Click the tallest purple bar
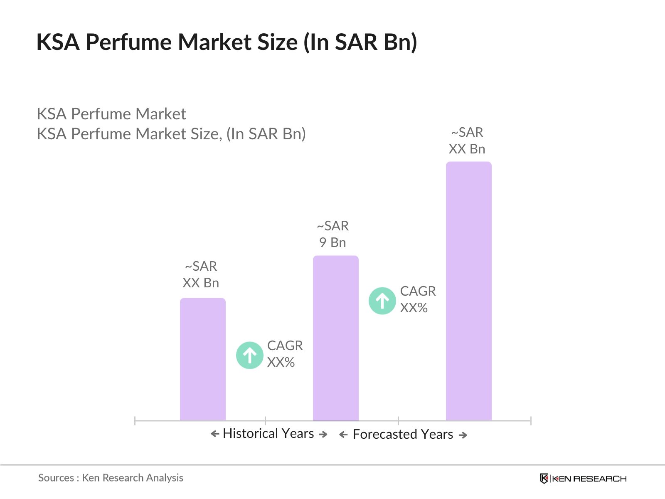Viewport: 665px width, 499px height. pyautogui.click(x=468, y=291)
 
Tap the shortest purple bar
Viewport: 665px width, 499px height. pyautogui.click(x=202, y=359)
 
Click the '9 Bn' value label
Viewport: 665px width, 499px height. pyautogui.click(x=332, y=242)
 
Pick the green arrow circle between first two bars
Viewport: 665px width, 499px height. pyautogui.click(x=249, y=355)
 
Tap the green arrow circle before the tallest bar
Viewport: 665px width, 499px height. pyautogui.click(x=382, y=301)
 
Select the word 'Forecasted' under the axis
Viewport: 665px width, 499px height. pyautogui.click(x=385, y=434)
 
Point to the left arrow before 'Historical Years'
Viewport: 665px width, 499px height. pyautogui.click(x=215, y=434)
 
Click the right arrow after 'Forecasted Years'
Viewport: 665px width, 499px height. pyautogui.click(x=463, y=435)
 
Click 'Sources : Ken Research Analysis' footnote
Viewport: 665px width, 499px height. pyautogui.click(x=111, y=478)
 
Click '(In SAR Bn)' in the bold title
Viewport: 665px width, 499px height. pyautogui.click(x=360, y=42)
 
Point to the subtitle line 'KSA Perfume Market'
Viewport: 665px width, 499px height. pyautogui.click(x=111, y=114)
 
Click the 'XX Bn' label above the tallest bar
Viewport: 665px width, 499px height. pyautogui.click(x=467, y=149)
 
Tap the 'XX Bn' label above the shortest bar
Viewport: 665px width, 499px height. pyautogui.click(x=201, y=283)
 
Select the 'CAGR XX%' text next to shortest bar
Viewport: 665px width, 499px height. pyautogui.click(x=285, y=354)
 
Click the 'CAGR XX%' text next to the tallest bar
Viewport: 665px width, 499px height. pyautogui.click(x=418, y=299)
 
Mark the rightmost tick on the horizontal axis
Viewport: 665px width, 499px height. pyautogui.click(x=531, y=420)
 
